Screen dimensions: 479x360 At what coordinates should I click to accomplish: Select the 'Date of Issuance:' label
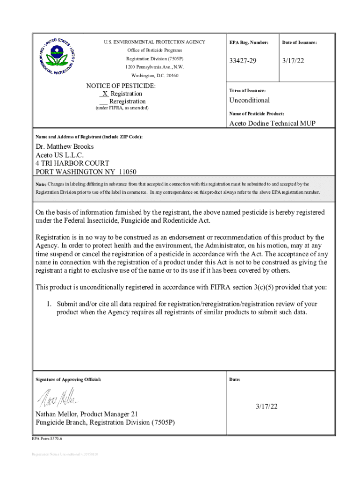pos(299,43)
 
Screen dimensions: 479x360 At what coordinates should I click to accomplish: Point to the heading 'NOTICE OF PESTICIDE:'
pos(121,86)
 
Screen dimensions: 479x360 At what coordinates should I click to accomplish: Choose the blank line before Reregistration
pos(103,102)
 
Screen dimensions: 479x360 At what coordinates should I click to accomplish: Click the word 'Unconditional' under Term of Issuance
pos(249,100)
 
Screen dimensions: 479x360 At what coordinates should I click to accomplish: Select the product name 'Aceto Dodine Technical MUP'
pos(272,123)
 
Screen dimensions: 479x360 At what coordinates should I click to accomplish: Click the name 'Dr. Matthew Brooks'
pos(65,146)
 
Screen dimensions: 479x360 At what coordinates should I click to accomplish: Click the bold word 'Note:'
pos(41,185)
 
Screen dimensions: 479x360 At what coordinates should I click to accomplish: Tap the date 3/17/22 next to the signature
pos(266,406)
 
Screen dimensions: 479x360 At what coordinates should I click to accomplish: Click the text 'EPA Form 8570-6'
pos(47,439)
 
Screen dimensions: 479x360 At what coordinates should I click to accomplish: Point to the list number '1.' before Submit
pos(48,304)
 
